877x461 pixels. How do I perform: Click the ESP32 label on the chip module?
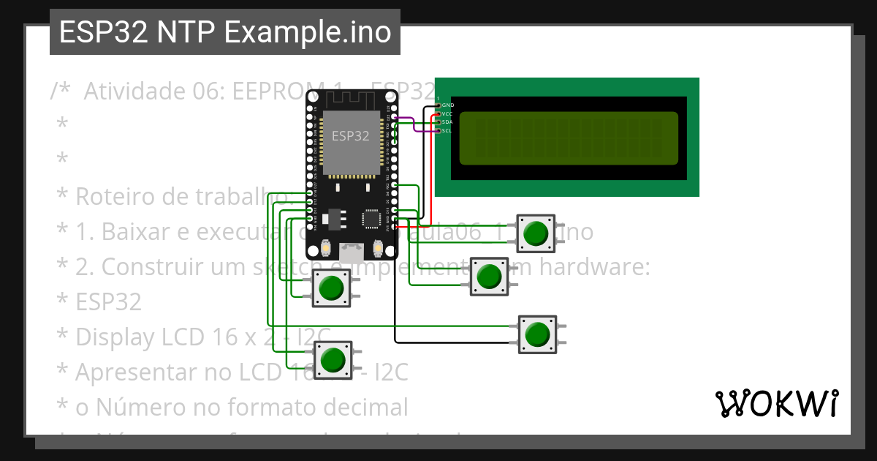tap(351, 136)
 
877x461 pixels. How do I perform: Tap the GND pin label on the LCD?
tap(447, 105)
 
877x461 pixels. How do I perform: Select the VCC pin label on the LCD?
tap(447, 114)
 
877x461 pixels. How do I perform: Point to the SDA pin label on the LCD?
tap(447, 122)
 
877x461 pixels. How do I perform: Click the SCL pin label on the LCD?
tap(447, 130)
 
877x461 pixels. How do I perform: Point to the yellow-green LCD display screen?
tap(569, 138)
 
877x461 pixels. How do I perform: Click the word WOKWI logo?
tap(776, 403)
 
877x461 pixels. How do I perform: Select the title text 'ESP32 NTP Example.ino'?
tap(225, 33)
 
